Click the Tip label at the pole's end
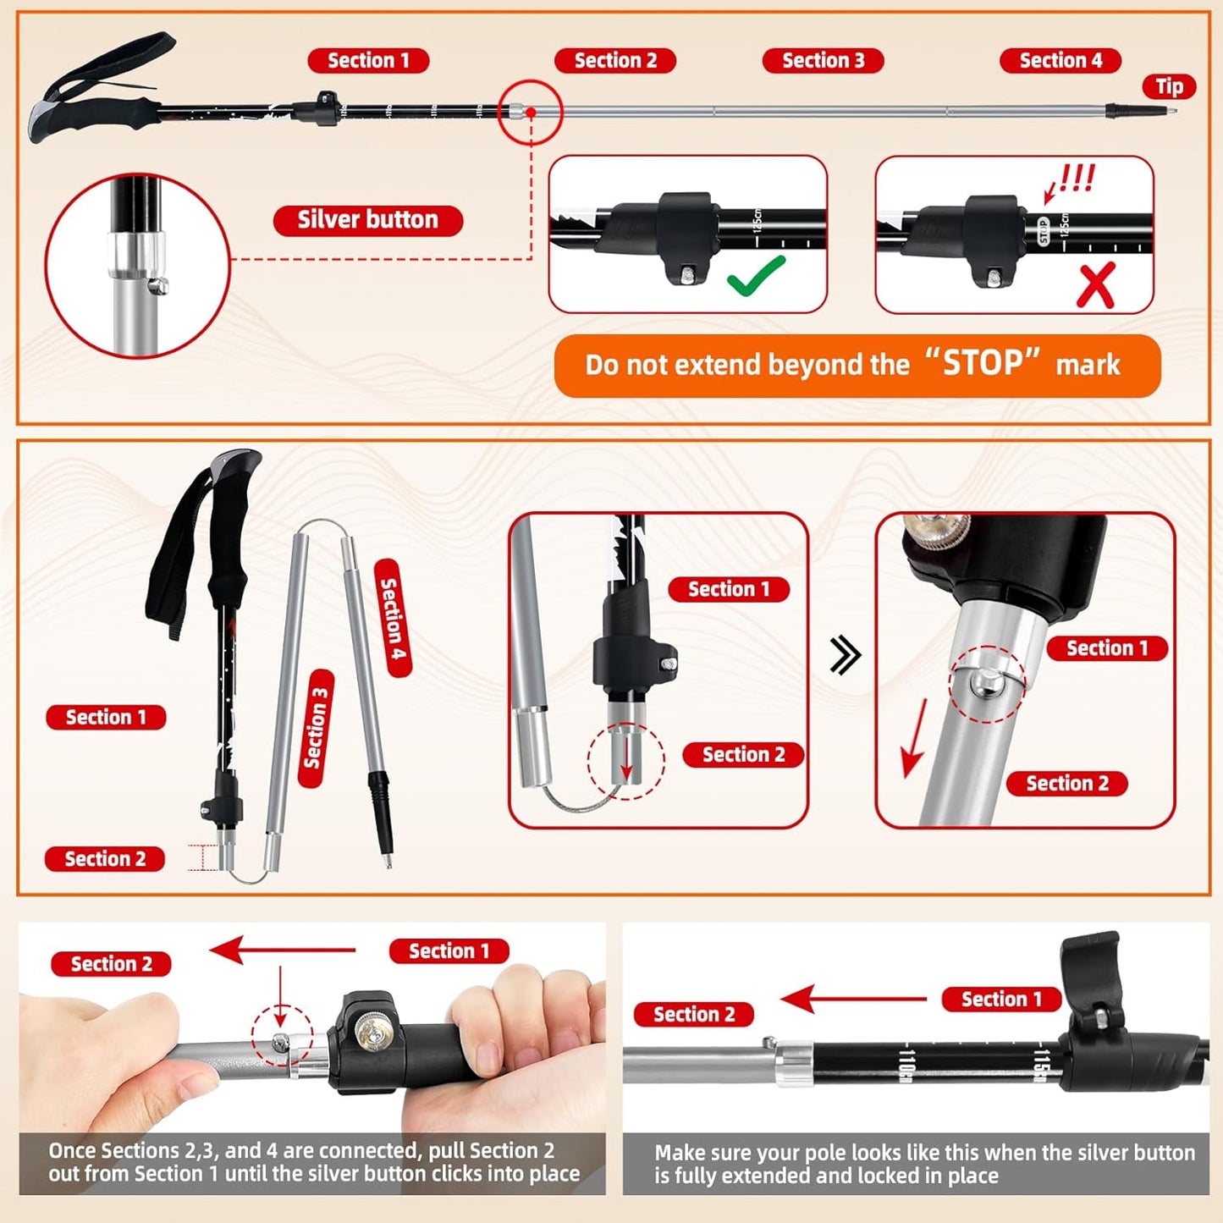[1169, 86]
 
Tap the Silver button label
[367, 220]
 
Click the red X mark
[1095, 284]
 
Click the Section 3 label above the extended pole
[823, 61]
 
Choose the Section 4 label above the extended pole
[1060, 61]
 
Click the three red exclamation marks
[1077, 178]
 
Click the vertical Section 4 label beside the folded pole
[393, 618]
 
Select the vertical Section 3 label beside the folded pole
[317, 728]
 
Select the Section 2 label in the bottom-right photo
[693, 1014]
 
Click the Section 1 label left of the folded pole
[106, 717]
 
